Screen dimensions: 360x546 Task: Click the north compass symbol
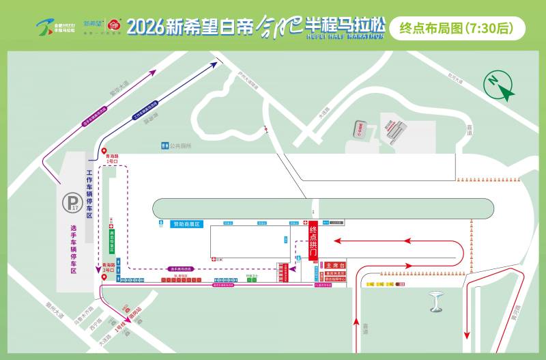pos(500,86)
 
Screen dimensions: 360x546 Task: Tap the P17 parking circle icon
pos(70,202)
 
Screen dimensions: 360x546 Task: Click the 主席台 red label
pos(335,265)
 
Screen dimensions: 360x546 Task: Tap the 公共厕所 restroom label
pos(177,146)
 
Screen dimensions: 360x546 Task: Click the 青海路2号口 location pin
pos(104,275)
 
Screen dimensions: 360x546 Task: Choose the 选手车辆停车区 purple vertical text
pos(73,249)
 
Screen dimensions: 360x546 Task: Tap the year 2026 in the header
pos(147,28)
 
